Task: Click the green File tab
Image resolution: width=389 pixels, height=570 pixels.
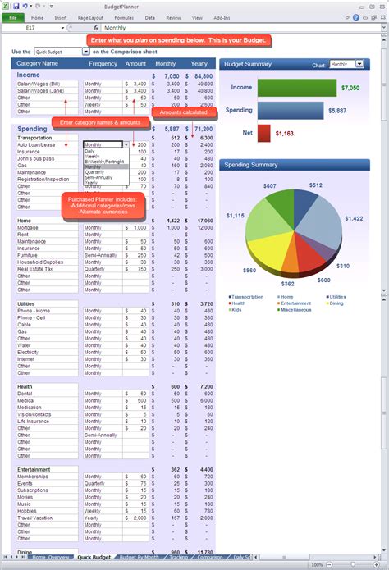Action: click(13, 17)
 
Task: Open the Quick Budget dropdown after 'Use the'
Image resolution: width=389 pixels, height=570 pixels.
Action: click(62, 51)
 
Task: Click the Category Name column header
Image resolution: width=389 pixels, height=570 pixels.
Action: click(38, 63)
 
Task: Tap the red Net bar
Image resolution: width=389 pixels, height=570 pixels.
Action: click(263, 132)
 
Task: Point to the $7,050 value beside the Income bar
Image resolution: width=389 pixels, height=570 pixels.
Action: click(350, 87)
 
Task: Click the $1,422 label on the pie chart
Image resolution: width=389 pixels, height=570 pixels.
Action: click(355, 218)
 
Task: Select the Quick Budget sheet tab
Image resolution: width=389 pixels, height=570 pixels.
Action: click(95, 558)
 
